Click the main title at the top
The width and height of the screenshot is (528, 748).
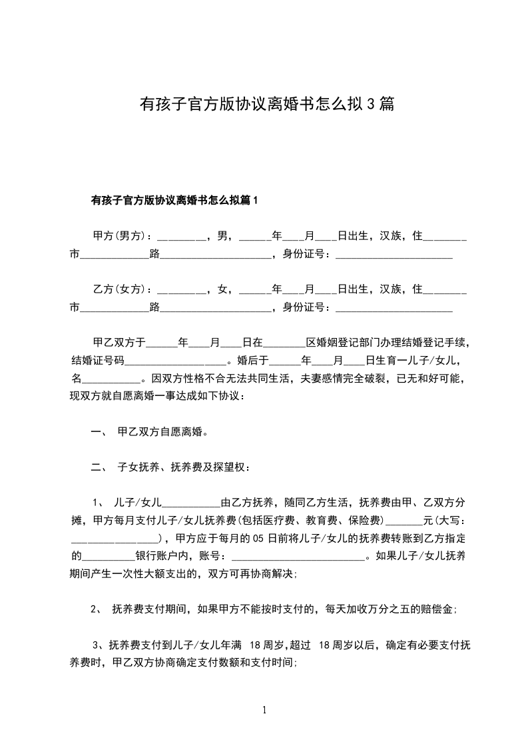[x=266, y=104]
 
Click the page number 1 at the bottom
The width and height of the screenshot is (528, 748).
[x=264, y=710]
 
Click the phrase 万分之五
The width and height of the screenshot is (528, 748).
[x=399, y=609]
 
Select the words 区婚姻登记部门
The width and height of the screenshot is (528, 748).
[x=338, y=343]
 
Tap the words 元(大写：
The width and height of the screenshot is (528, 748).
[x=445, y=520]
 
